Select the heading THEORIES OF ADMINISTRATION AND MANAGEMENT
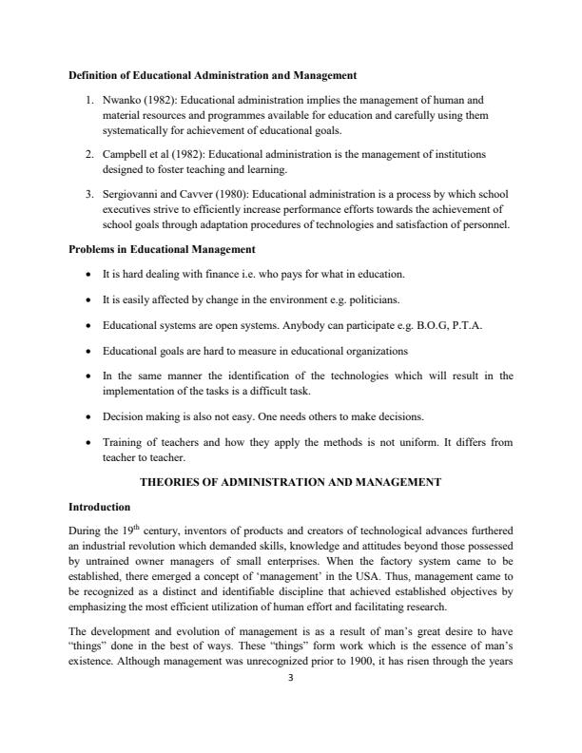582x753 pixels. [x=290, y=482]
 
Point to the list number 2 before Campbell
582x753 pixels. [x=87, y=153]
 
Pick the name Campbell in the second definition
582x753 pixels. [x=130, y=153]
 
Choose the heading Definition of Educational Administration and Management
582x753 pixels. [x=212, y=73]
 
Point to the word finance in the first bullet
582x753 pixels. [x=195, y=275]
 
